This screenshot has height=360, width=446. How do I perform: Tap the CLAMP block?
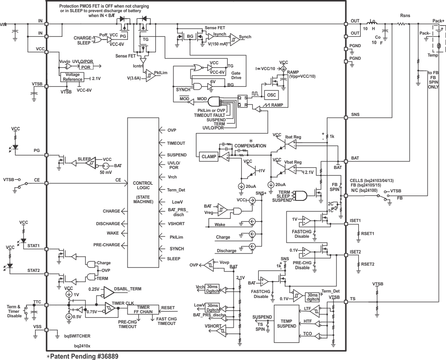click(x=208, y=156)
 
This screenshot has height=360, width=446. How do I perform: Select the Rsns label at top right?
click(x=405, y=15)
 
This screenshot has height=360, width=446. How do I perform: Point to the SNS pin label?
click(x=356, y=115)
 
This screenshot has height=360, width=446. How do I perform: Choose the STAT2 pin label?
click(x=34, y=271)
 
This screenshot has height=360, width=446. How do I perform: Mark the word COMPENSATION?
click(x=250, y=146)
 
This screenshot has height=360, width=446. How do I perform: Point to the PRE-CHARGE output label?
click(x=107, y=245)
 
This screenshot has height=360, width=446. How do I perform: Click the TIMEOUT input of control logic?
click(x=177, y=142)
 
